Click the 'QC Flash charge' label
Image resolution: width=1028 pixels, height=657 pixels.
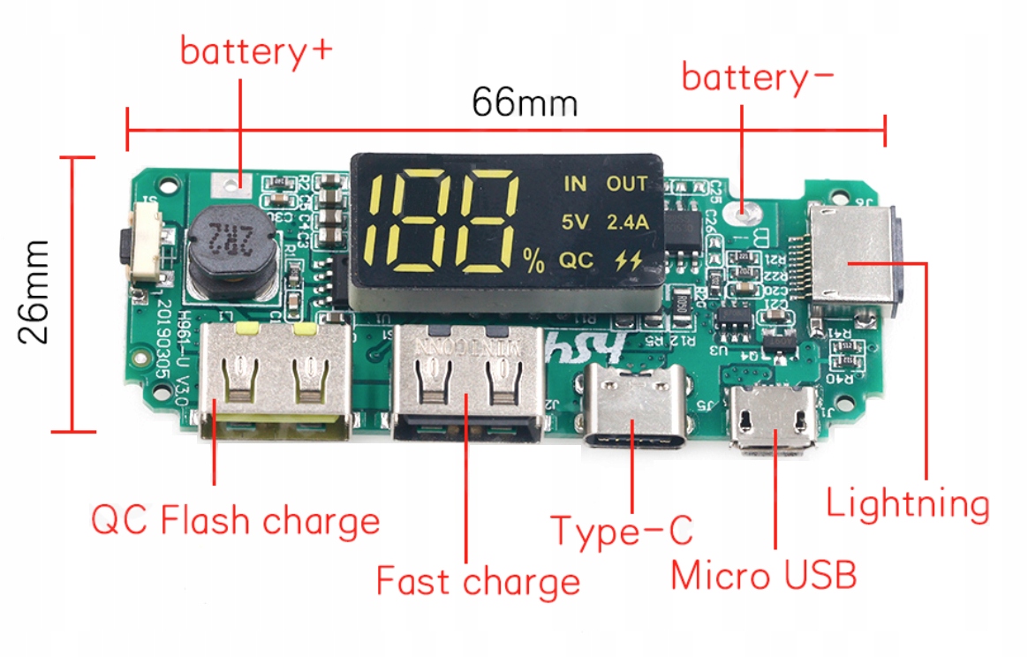point(235,520)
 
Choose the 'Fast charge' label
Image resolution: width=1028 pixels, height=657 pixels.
point(478,582)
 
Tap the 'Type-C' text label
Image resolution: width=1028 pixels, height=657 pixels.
point(622,531)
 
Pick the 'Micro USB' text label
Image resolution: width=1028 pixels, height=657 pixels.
point(763,576)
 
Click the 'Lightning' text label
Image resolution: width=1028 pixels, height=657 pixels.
point(907,504)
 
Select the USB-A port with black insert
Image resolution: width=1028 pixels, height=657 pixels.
point(466,384)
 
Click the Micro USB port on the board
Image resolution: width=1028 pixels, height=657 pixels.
point(775,421)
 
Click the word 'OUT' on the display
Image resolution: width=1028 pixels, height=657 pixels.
point(626,184)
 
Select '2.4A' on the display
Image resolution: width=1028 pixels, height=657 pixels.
point(627,223)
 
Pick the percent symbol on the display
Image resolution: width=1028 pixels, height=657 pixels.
point(533,261)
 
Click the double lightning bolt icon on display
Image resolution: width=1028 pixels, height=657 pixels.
point(627,261)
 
